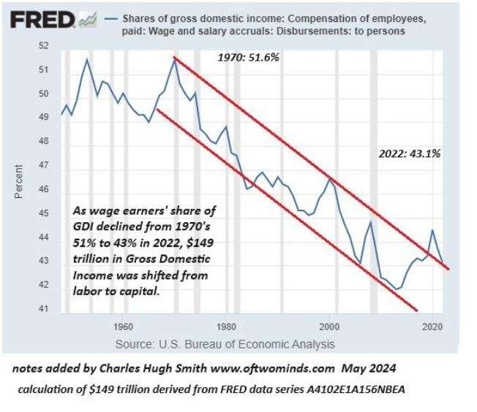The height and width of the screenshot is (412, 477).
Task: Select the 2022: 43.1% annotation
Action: (409, 154)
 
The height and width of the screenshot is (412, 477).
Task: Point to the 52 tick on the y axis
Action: (43, 46)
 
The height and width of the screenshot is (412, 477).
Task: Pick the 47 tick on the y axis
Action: (43, 166)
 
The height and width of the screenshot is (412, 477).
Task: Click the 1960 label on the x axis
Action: (123, 326)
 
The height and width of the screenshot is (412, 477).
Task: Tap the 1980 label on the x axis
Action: (227, 326)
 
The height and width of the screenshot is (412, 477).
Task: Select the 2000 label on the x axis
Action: (331, 326)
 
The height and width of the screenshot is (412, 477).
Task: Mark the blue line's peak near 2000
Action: (330, 178)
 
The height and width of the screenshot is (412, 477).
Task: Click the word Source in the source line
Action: (135, 343)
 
